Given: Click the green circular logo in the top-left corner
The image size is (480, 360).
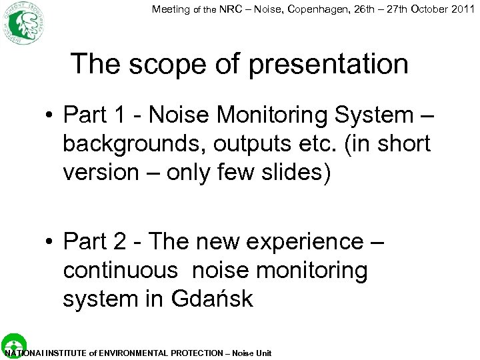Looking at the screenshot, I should coord(23,23).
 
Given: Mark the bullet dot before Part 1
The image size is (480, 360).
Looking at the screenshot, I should coord(51,116).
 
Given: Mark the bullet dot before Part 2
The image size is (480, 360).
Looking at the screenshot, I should coord(51,243).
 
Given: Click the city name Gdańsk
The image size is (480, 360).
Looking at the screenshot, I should coord(212,299).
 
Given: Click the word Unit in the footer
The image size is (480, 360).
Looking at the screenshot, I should coord(263,353).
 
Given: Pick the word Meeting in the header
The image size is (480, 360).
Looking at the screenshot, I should coord(171,9).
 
